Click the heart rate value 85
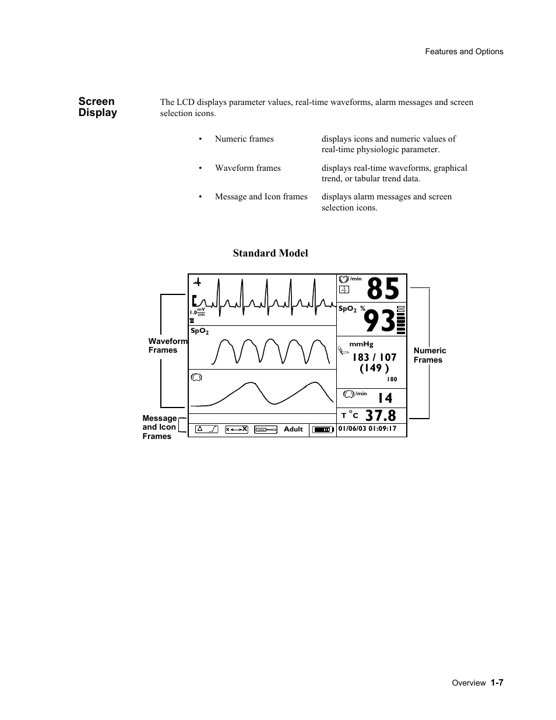coord(383,289)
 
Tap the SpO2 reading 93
coord(379,321)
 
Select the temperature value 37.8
coord(381,416)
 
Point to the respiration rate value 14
coord(385,398)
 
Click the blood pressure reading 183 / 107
coord(374,357)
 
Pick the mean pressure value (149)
coord(374,368)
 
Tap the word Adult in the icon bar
coord(293,429)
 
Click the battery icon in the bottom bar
coord(322,430)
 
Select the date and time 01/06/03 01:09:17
coord(367,429)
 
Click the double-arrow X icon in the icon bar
coord(237,429)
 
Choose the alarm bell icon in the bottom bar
coord(207,429)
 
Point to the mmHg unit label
coord(361,345)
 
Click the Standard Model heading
coord(270,253)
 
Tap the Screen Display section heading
coord(98,107)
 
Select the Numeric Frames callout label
coord(430,355)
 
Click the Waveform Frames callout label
coord(167,346)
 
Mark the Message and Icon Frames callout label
coord(159,427)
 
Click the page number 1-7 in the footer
coord(497,682)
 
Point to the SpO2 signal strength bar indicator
coord(400,319)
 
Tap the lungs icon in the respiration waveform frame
coord(196,377)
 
